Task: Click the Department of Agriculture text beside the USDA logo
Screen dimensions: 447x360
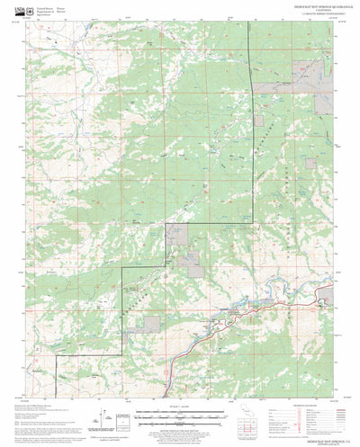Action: pos(52,9)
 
